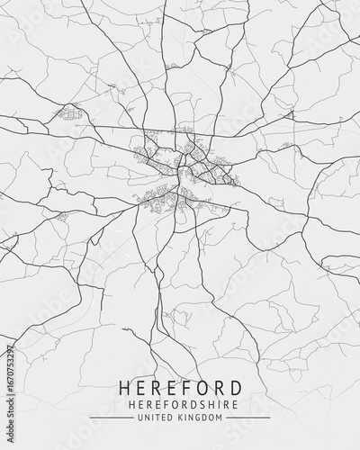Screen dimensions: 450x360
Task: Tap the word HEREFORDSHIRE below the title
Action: click(180, 405)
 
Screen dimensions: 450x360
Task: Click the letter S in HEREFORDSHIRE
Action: click(195, 405)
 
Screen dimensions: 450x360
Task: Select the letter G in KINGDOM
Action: click(199, 418)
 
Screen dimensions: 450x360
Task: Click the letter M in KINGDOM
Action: click(219, 418)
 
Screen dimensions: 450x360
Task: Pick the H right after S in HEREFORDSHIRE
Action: click(204, 405)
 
